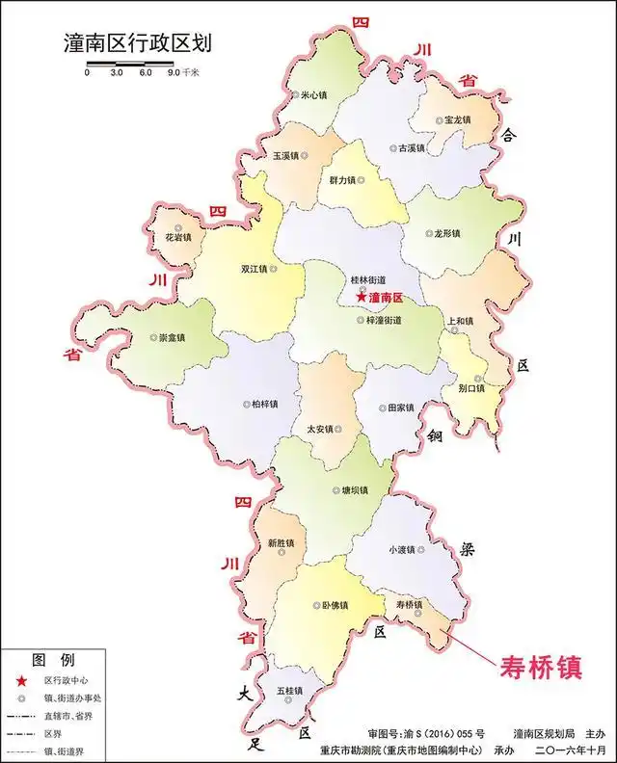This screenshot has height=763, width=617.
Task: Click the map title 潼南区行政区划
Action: [x=136, y=44]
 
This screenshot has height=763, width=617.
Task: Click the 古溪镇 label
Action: [x=407, y=149]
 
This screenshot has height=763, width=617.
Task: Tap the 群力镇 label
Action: [x=343, y=180]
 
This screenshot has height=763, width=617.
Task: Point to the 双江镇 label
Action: [x=257, y=270]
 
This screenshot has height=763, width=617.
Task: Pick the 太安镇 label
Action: [x=320, y=429]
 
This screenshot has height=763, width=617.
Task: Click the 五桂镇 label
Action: [x=288, y=692]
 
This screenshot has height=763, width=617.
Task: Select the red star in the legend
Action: [x=20, y=680]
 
